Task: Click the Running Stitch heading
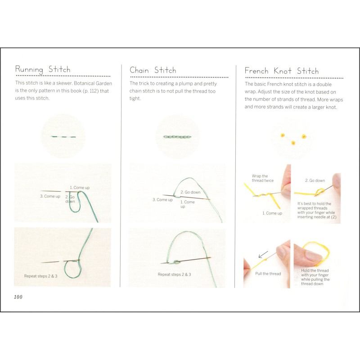click(43, 69)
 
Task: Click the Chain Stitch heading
click(153, 70)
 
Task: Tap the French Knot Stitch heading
click(281, 71)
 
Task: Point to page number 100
click(18, 297)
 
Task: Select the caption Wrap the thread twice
click(260, 178)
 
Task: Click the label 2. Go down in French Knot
click(315, 180)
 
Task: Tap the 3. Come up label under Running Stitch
click(50, 196)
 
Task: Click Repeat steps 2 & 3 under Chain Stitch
click(174, 274)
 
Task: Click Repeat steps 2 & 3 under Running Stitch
click(40, 276)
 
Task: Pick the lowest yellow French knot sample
click(293, 143)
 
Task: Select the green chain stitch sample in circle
click(174, 136)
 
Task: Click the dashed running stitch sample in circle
click(63, 136)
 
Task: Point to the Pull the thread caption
click(268, 274)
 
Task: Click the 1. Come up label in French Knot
click(272, 213)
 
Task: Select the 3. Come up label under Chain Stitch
click(162, 200)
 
